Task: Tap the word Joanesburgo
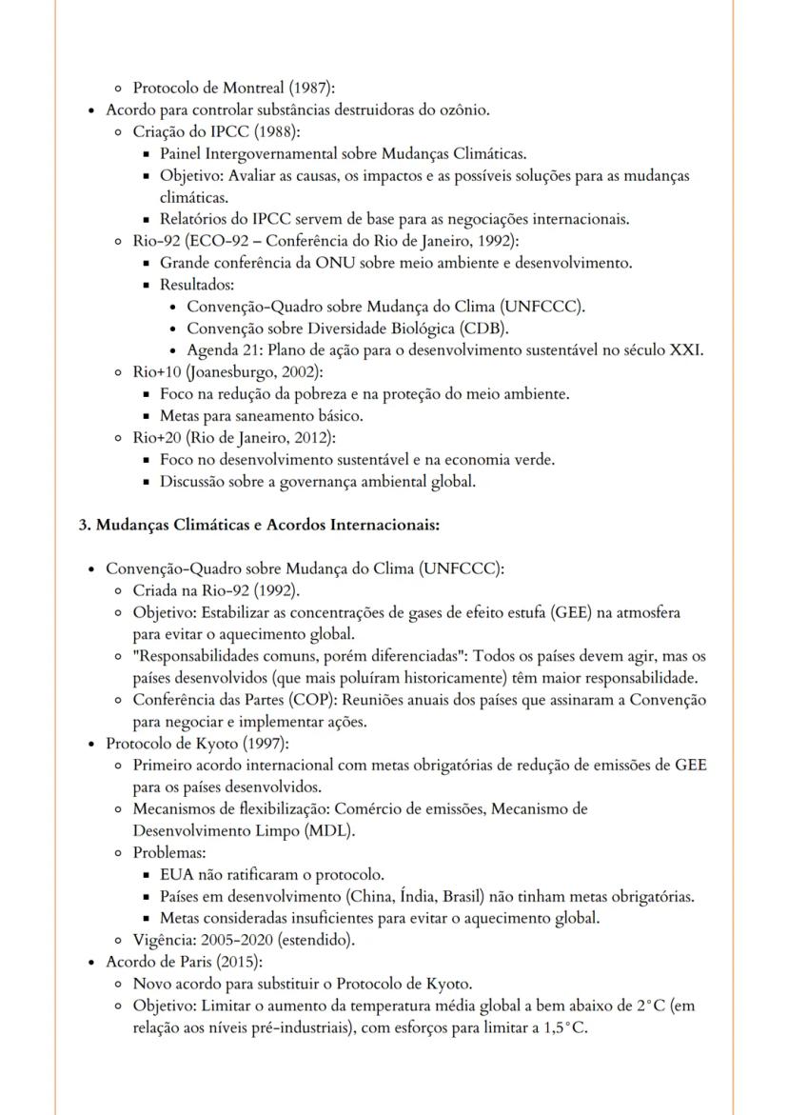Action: click(233, 371)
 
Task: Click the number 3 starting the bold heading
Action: click(83, 525)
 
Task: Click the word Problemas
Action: click(168, 853)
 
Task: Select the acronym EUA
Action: click(176, 874)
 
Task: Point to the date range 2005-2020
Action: click(237, 940)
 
